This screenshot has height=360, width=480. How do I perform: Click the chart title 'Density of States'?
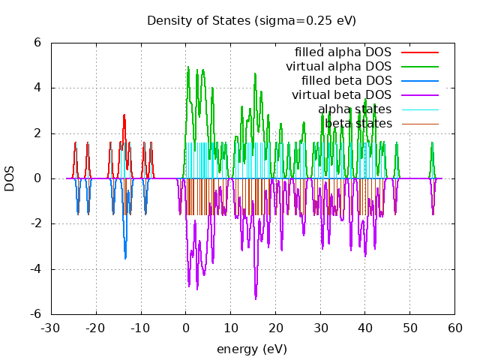[x=251, y=20]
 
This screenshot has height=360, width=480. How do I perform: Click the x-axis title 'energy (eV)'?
[x=251, y=349]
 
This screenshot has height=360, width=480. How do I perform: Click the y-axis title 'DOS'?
[x=10, y=178]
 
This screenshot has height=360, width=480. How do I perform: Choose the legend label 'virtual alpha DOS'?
[x=338, y=67]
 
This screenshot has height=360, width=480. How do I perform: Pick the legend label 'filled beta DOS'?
[x=346, y=81]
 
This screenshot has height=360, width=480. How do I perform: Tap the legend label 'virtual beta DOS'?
[x=341, y=95]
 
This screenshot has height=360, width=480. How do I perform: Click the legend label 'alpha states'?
[x=354, y=109]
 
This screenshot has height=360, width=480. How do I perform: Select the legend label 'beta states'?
[x=358, y=124]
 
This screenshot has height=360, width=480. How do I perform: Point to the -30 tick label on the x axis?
[x=51, y=328]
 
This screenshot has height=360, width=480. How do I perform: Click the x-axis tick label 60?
[x=455, y=328]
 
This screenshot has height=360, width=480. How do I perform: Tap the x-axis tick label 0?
[x=186, y=328]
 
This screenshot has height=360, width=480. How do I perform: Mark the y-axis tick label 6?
[x=36, y=43]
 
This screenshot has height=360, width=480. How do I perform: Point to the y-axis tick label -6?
[x=33, y=314]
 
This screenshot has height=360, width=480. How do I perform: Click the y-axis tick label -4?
[x=33, y=269]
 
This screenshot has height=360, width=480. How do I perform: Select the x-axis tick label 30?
[x=320, y=328]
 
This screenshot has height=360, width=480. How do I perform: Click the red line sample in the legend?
[x=419, y=52]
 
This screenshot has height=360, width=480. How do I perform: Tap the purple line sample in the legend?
[x=419, y=95]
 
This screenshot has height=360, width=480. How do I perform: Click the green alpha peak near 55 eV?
[x=432, y=142]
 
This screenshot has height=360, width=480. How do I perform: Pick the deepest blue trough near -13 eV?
[x=125, y=258]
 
